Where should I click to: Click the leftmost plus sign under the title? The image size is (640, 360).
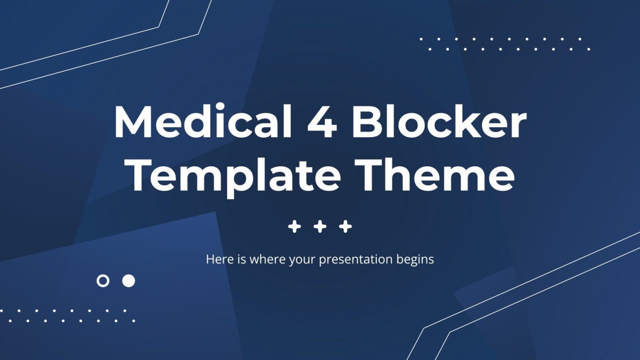tap(295, 227)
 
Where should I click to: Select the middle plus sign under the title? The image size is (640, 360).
tap(320, 227)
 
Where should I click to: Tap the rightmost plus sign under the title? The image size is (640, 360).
tap(345, 227)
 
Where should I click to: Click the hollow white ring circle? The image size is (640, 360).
tap(103, 281)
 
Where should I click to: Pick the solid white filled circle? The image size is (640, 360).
tap(128, 281)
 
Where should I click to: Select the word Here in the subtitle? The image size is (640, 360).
tap(217, 260)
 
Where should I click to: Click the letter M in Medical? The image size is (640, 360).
tap(133, 123)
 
